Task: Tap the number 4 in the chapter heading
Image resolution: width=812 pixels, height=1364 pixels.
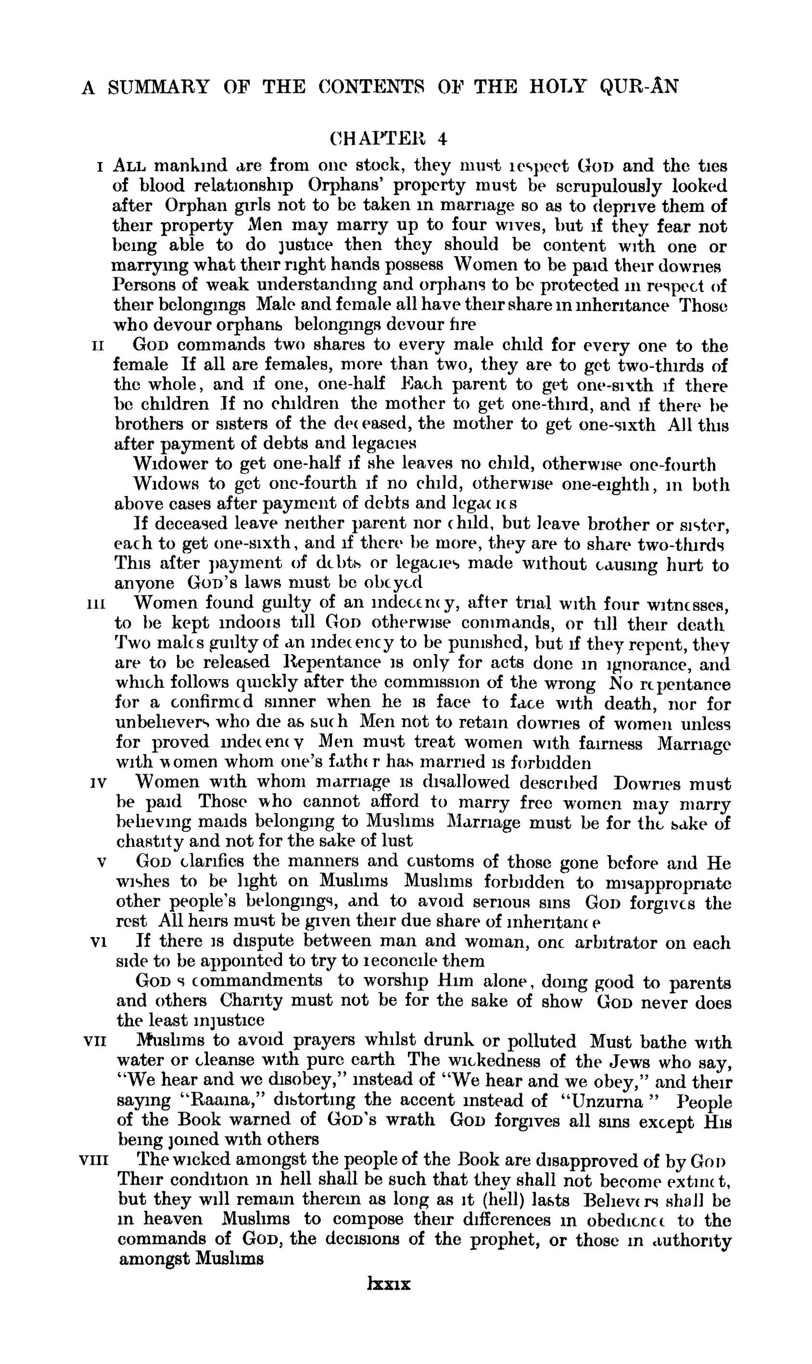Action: coord(441,139)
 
